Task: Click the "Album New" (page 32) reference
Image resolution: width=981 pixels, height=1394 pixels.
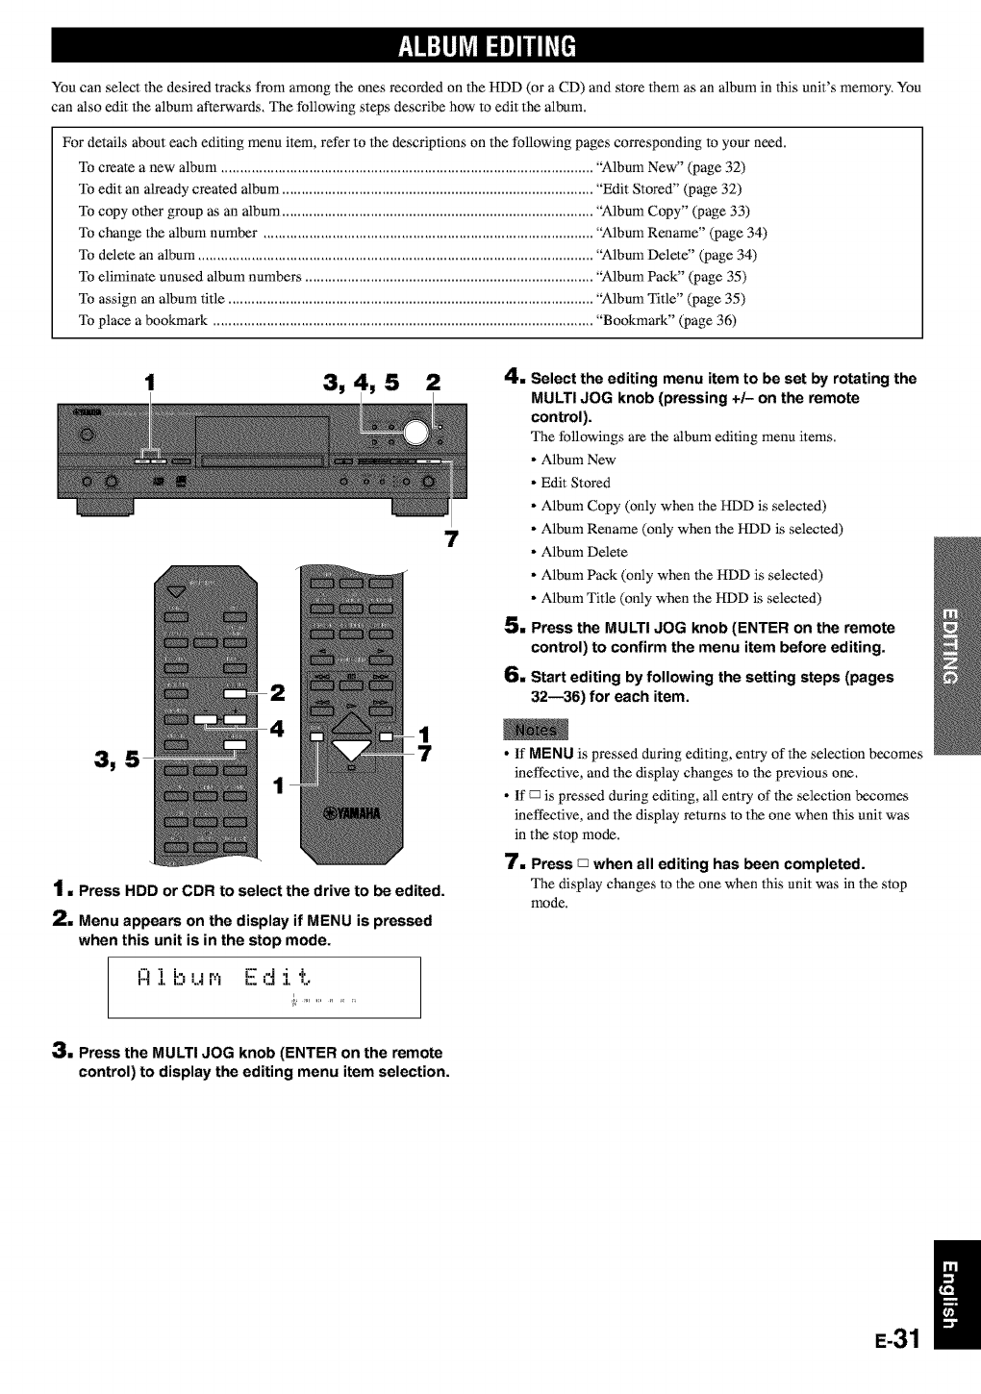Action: pyautogui.click(x=670, y=167)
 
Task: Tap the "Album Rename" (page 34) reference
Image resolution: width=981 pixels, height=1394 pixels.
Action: pyautogui.click(x=681, y=233)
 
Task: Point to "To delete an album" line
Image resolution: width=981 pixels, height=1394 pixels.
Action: pyautogui.click(x=138, y=255)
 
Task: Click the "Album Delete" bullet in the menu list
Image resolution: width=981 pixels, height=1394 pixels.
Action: pyautogui.click(x=584, y=552)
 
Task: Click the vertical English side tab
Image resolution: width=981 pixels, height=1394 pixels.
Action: pyautogui.click(x=951, y=1293)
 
